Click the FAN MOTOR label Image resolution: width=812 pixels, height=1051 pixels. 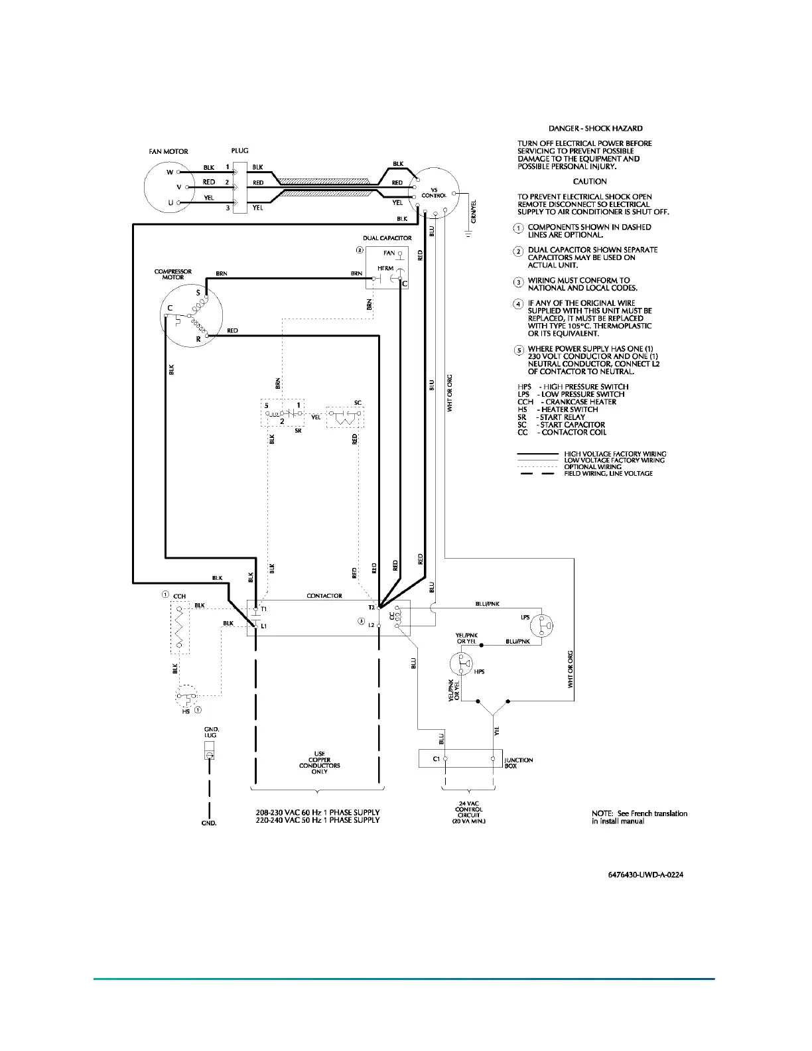pos(168,151)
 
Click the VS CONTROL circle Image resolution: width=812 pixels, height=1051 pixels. pos(434,191)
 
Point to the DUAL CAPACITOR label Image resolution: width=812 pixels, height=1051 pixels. pos(387,238)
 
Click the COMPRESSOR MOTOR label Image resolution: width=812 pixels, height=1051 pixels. pos(173,274)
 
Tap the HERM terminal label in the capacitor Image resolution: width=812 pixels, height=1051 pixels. pos(385,268)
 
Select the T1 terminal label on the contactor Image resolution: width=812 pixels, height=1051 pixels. pos(264,608)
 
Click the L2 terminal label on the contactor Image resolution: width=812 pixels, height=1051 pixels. pos(371,625)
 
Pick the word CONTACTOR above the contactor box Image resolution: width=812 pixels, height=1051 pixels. pos(324,596)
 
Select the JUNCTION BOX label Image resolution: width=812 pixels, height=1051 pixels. pos(519,763)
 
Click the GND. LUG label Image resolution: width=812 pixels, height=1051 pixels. pos(211,733)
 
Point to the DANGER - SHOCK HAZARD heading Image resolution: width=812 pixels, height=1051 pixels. pos(595,128)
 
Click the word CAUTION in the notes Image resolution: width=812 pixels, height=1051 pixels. pos(590,181)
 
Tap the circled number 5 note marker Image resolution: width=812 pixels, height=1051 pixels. pos(519,350)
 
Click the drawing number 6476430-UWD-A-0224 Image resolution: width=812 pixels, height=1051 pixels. pos(645,875)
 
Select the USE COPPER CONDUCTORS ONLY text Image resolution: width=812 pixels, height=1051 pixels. pos(319,763)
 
